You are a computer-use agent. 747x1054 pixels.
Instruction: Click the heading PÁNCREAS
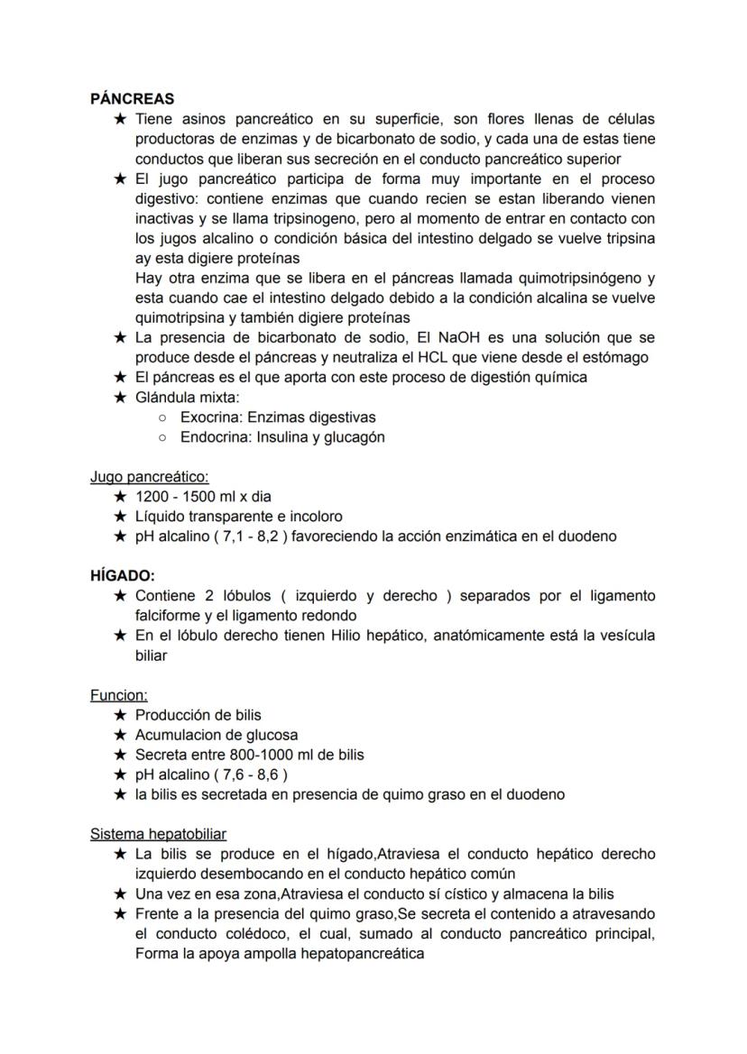pyautogui.click(x=133, y=99)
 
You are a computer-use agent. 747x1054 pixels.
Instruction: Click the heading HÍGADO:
pyautogui.click(x=122, y=575)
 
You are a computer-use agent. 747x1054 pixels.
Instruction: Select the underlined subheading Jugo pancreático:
pyautogui.click(x=149, y=476)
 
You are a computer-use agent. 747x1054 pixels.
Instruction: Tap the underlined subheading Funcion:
pyautogui.click(x=118, y=695)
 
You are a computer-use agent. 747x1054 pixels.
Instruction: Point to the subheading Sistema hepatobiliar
pyautogui.click(x=158, y=834)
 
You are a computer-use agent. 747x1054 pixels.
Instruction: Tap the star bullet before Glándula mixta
pyautogui.click(x=120, y=397)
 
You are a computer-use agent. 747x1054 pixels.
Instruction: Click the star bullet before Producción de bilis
pyautogui.click(x=120, y=715)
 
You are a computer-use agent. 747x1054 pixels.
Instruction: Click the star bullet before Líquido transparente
pyautogui.click(x=120, y=517)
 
